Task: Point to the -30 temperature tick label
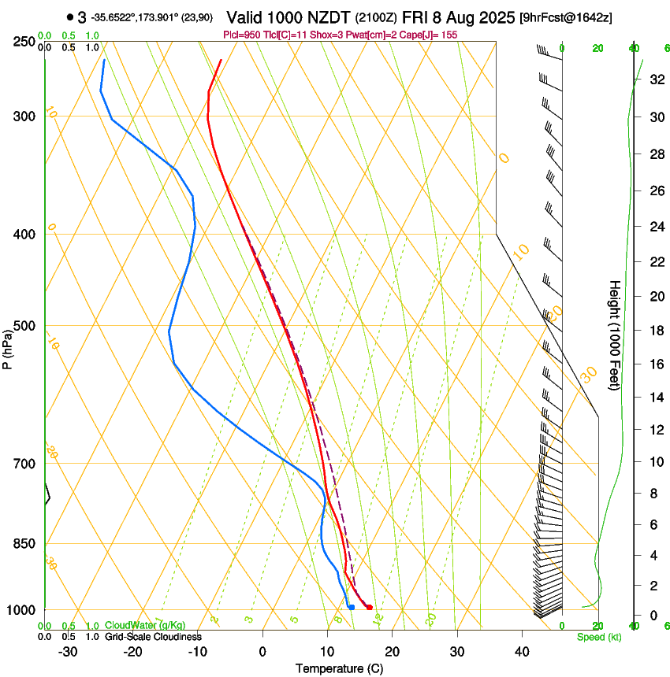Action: [x=68, y=651]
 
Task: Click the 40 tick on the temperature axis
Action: [x=521, y=651]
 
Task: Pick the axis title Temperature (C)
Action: [x=339, y=668]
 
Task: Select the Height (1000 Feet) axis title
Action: [x=615, y=335]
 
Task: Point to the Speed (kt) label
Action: [x=598, y=637]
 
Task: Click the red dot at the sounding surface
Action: [x=369, y=607]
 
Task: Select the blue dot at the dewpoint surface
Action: [x=352, y=607]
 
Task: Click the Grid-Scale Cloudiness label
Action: [x=153, y=637]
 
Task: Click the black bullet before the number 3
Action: [x=70, y=17]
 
